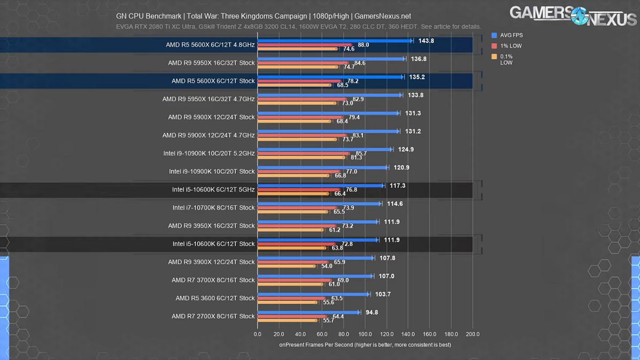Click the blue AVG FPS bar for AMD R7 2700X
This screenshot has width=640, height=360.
tap(309, 312)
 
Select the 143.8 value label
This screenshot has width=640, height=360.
tap(426, 41)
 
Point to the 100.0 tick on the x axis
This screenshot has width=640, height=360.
tap(365, 334)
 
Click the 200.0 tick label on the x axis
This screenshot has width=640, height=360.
tap(473, 334)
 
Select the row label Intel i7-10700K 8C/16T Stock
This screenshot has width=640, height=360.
tap(213, 208)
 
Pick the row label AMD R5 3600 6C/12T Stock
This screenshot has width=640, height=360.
tap(215, 298)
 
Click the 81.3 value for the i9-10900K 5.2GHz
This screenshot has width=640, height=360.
tap(356, 158)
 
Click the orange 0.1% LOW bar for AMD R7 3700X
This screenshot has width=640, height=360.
tap(290, 284)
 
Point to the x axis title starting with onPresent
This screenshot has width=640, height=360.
tap(365, 345)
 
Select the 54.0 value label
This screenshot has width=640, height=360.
tap(326, 266)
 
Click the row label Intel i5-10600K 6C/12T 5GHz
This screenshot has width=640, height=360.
tap(213, 189)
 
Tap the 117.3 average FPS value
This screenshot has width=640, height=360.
tap(397, 186)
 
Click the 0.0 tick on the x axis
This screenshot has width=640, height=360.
tap(258, 334)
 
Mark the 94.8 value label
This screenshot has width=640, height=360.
tap(372, 312)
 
